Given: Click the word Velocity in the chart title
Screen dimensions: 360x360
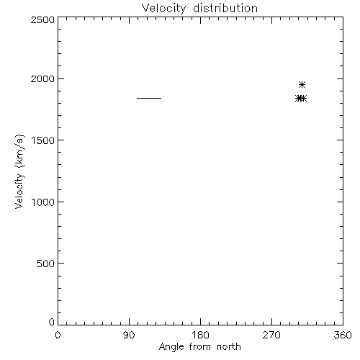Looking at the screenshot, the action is tap(163, 9).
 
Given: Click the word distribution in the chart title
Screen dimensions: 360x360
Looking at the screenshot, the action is tap(225, 8).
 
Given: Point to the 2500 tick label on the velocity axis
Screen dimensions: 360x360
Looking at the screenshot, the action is tap(42, 19).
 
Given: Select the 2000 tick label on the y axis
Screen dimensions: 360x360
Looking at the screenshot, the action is tap(42, 78).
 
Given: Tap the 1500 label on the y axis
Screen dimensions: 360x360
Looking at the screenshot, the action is tap(43, 140).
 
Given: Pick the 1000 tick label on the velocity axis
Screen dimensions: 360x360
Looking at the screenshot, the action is tap(43, 202).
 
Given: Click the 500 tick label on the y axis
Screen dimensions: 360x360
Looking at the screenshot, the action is tap(46, 264).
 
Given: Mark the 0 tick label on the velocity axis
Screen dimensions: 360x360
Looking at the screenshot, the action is tap(52, 322).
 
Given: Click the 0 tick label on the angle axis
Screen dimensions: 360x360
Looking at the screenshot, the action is tap(58, 335).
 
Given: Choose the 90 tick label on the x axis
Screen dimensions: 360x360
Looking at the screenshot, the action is tap(129, 335).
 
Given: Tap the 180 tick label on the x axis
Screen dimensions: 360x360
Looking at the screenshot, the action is tap(200, 335).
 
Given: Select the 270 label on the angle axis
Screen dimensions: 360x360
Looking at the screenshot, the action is tap(271, 335).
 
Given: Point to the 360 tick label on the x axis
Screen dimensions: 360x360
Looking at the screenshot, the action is tap(343, 335).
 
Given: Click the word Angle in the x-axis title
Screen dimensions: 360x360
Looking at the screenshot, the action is tap(171, 347).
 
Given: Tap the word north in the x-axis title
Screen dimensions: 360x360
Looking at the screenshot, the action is tap(229, 346).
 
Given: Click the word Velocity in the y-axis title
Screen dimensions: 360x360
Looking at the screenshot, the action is tap(19, 191).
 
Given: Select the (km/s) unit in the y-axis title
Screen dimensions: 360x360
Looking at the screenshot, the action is tap(19, 151).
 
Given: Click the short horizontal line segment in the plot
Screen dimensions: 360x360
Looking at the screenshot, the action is tap(149, 98).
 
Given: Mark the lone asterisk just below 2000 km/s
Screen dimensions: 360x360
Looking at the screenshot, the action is tap(302, 85).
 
